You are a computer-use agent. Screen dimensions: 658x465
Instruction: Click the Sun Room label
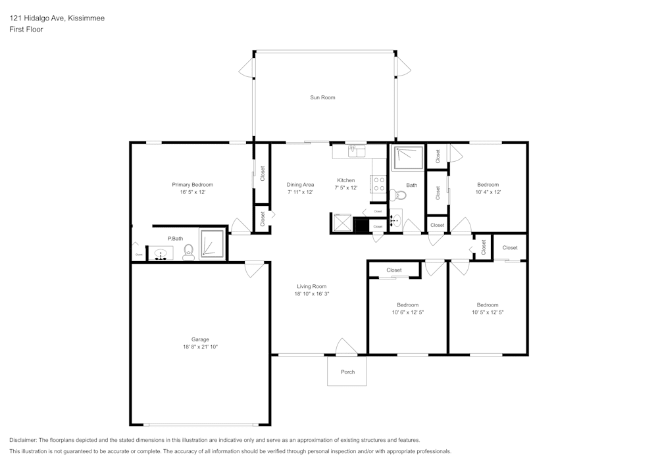point(322,97)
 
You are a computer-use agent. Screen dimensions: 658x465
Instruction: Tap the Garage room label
point(200,339)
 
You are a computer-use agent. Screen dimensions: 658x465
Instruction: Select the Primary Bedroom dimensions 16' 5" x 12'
point(193,192)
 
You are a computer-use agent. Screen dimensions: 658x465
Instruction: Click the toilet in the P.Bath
point(188,252)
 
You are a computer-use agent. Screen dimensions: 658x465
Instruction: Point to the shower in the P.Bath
point(213,244)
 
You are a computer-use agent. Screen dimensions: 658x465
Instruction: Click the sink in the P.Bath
point(161,254)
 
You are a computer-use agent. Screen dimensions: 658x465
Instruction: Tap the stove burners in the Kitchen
point(380,184)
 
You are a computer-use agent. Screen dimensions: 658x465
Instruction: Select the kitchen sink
point(357,151)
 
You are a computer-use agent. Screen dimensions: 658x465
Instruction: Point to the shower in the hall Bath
point(407,158)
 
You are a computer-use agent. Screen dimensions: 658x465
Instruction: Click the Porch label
point(348,372)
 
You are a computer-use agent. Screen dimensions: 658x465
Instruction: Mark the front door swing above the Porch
point(347,347)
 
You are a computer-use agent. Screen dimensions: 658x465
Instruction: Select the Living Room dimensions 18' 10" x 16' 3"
point(311,294)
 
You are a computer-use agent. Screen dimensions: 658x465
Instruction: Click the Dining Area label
point(300,185)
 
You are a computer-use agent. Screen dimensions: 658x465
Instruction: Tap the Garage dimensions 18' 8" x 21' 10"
point(200,347)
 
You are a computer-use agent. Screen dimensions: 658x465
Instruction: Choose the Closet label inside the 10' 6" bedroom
point(394,270)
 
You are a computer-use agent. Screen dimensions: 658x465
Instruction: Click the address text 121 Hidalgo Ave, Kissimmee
point(57,18)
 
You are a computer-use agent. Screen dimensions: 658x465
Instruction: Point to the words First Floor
point(26,30)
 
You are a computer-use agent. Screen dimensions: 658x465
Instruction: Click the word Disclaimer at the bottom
point(22,440)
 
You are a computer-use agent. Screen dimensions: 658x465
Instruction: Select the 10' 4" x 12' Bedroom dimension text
point(488,192)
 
